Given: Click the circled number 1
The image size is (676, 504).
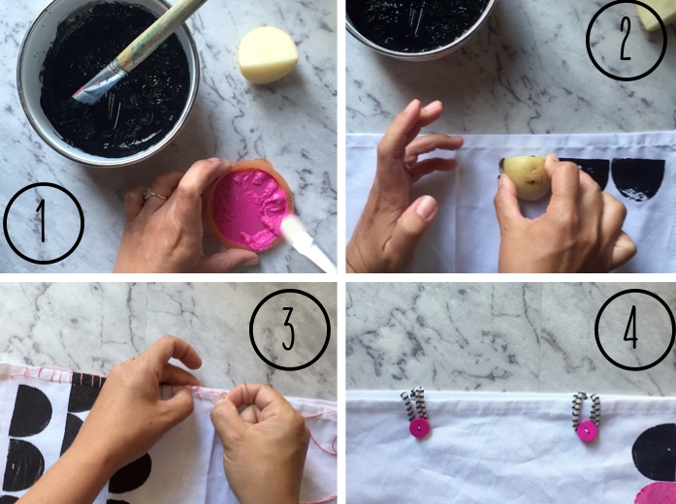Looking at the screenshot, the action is pyautogui.click(x=43, y=223).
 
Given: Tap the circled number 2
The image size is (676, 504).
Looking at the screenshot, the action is pyautogui.click(x=626, y=41).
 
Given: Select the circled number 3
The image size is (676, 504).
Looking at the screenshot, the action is pyautogui.click(x=290, y=330).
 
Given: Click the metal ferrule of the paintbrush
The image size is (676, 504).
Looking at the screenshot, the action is pyautogui.click(x=99, y=80).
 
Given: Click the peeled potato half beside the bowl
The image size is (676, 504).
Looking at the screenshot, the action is pyautogui.click(x=268, y=54).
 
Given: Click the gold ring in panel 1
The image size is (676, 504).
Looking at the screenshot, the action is pyautogui.click(x=153, y=194).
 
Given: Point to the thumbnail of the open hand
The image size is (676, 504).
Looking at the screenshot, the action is pyautogui.click(x=426, y=207).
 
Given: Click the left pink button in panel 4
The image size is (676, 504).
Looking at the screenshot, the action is pyautogui.click(x=420, y=428).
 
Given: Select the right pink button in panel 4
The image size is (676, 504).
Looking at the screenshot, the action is pyautogui.click(x=588, y=431).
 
